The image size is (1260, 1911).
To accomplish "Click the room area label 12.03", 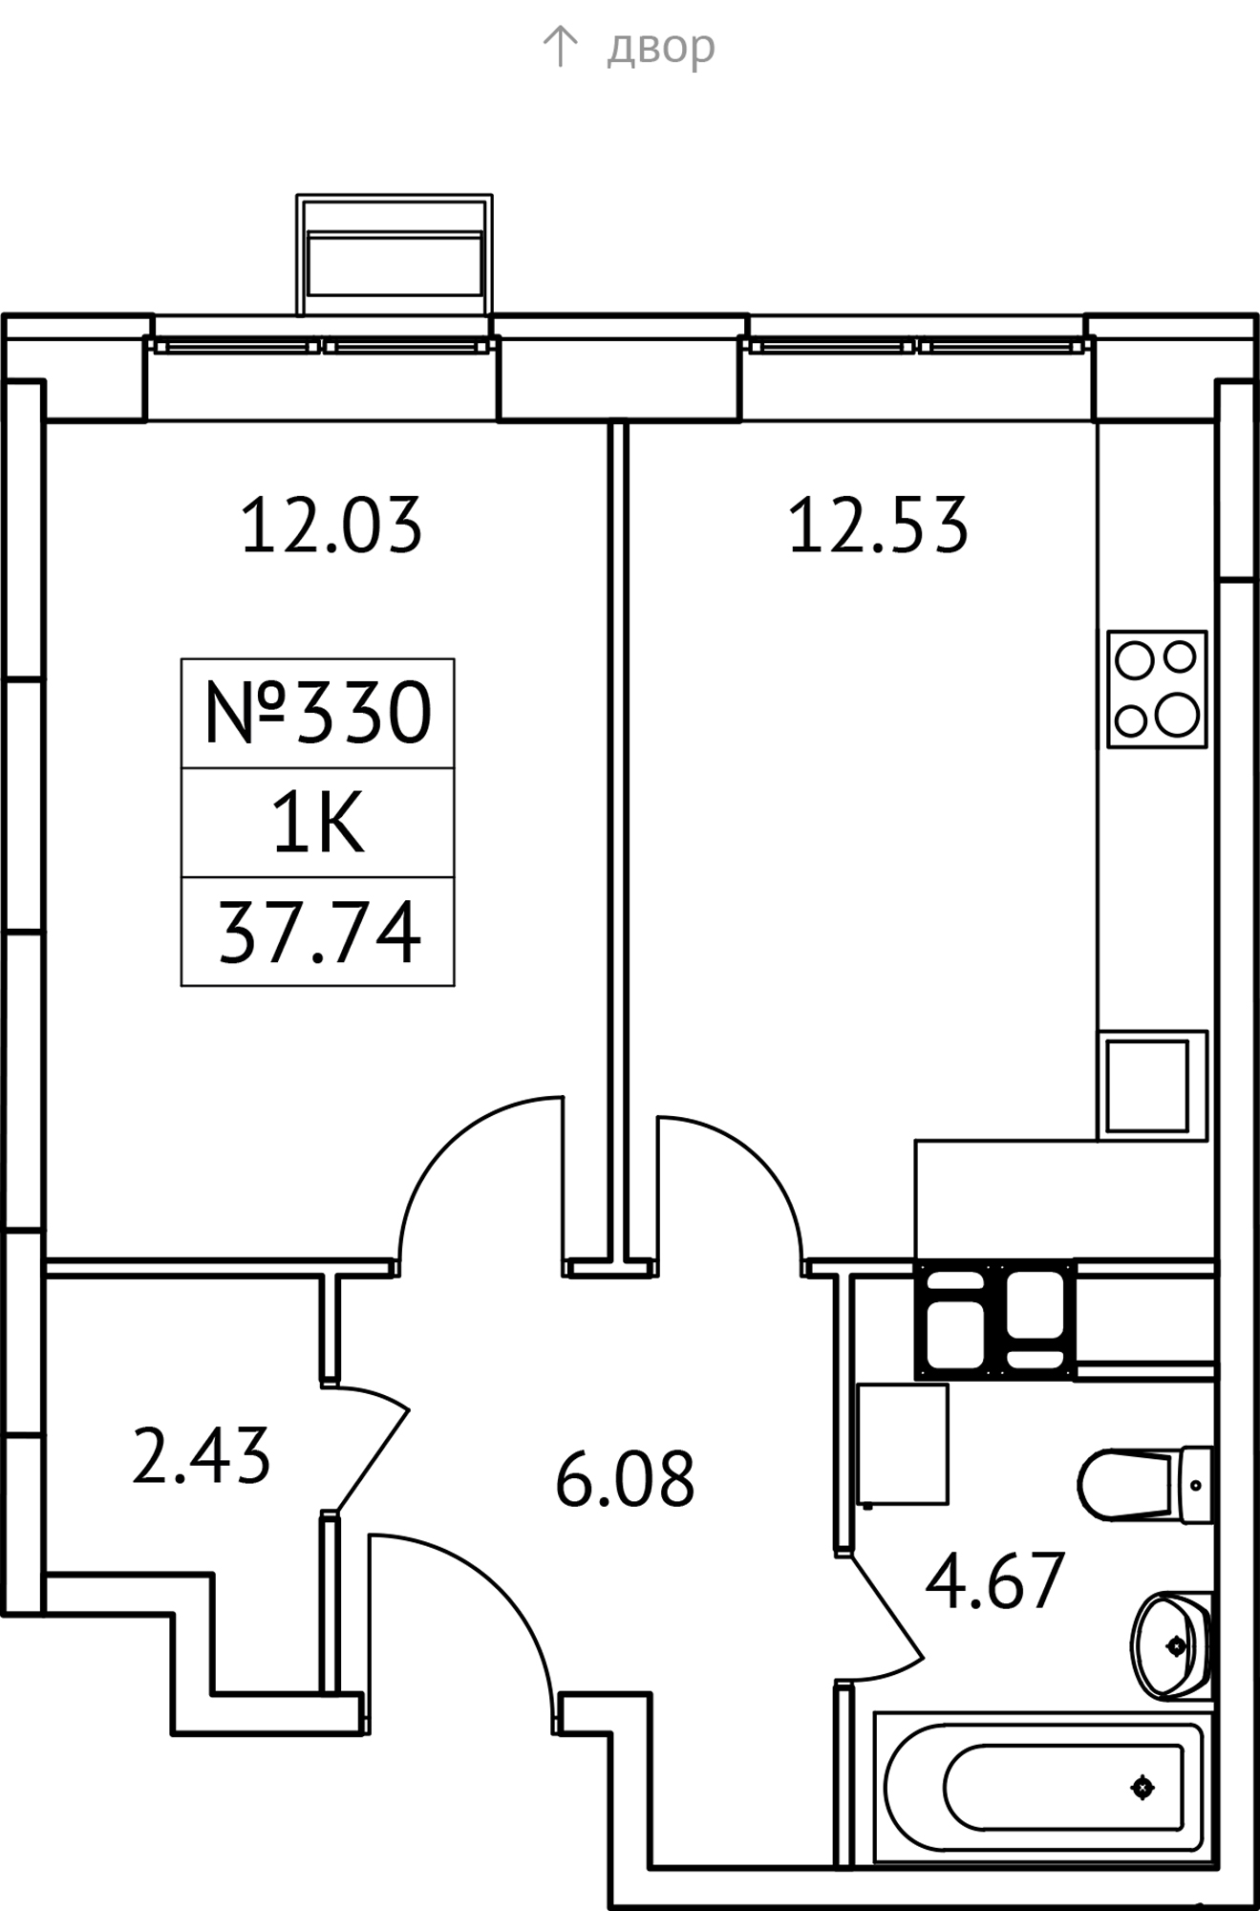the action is [x=331, y=525].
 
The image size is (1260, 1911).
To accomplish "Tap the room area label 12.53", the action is [x=878, y=525].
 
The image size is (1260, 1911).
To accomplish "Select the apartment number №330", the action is [x=318, y=713].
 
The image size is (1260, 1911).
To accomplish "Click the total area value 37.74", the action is [x=319, y=933].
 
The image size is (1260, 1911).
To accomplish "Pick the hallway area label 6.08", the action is [x=625, y=1478].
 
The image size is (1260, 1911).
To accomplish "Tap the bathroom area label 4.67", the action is [x=994, y=1581].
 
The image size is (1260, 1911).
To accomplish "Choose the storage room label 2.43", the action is [x=202, y=1456].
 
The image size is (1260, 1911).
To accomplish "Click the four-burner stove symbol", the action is [x=1157, y=688].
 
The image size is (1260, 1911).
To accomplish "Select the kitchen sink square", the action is [x=1153, y=1084].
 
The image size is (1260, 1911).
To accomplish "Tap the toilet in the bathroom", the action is [x=1145, y=1485].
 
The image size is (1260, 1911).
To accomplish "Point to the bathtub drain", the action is [x=1143, y=1787].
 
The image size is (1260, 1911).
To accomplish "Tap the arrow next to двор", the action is [x=560, y=46].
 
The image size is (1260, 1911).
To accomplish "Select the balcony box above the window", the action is [x=395, y=254].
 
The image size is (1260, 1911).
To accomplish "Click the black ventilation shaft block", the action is [x=994, y=1319].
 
